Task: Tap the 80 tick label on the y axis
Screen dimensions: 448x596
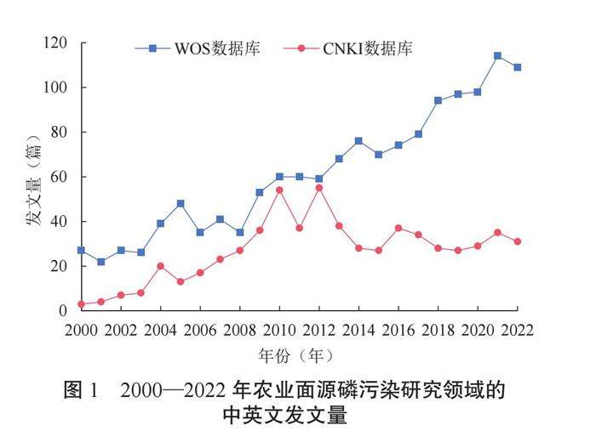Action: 58,133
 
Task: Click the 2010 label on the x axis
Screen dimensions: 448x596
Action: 279,330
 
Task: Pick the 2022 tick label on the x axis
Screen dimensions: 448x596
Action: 517,330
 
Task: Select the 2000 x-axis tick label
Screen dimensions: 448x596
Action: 81,330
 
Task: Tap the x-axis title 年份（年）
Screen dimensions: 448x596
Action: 298,354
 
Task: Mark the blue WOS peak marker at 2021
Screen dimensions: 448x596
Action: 497,56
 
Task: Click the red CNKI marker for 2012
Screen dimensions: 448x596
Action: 318,188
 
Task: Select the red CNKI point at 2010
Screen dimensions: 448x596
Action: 279,190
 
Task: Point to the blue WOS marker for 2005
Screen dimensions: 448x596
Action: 181,204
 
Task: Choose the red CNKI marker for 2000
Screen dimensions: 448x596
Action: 81,303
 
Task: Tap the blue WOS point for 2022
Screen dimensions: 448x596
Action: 517,67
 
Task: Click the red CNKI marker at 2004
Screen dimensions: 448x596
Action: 160,266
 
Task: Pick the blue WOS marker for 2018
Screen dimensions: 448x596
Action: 438,100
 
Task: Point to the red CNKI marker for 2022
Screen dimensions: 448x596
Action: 517,241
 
